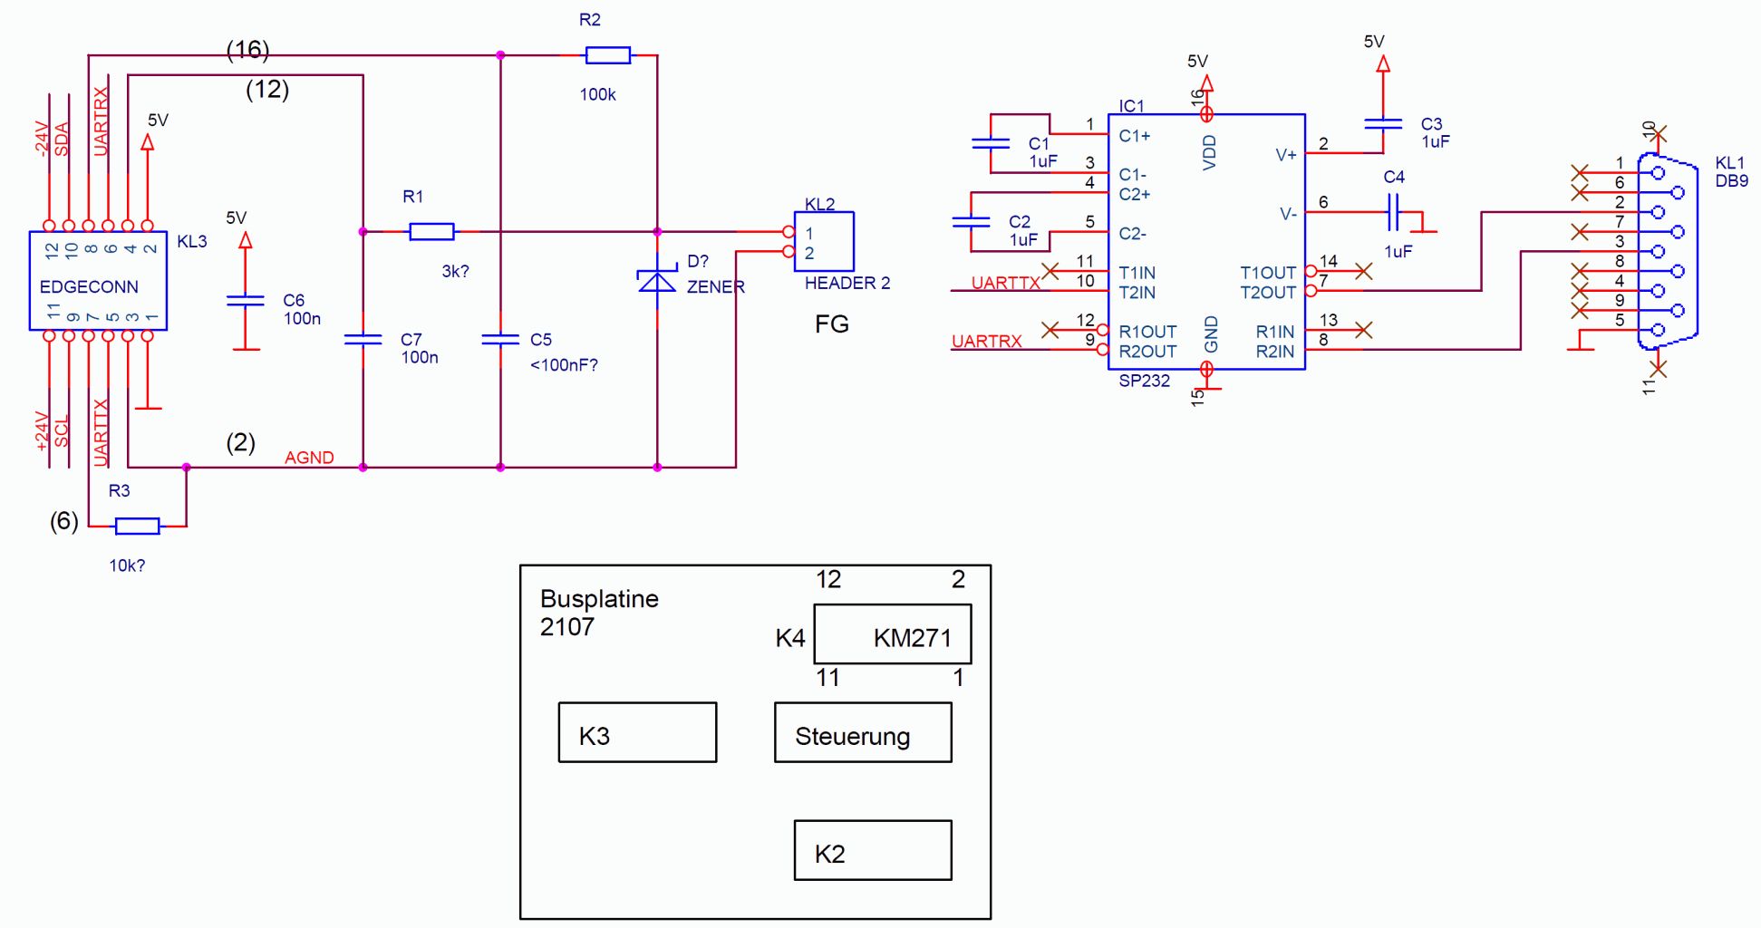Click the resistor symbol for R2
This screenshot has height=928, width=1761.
(x=607, y=55)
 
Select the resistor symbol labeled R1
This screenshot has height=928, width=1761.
(x=431, y=232)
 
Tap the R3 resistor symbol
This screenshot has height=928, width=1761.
(x=137, y=526)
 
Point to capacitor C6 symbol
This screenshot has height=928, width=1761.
(x=245, y=300)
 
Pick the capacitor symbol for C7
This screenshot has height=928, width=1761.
(x=363, y=340)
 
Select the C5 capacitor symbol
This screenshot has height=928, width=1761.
(x=500, y=340)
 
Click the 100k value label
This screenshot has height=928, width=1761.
(x=597, y=94)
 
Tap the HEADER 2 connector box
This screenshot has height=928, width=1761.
(x=824, y=241)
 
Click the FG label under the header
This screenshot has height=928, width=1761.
(x=832, y=324)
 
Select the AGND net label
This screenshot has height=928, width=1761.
(x=309, y=458)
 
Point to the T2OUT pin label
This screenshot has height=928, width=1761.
(x=1267, y=293)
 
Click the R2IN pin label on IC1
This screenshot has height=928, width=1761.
(x=1274, y=352)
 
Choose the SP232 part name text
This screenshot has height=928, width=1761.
(x=1144, y=381)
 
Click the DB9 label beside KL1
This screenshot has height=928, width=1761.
(x=1731, y=181)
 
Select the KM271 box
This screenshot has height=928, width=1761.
(x=893, y=634)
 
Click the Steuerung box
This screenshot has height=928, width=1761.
(x=863, y=732)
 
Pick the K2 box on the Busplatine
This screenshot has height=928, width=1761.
(x=873, y=850)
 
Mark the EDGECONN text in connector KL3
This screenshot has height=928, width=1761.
(x=89, y=287)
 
